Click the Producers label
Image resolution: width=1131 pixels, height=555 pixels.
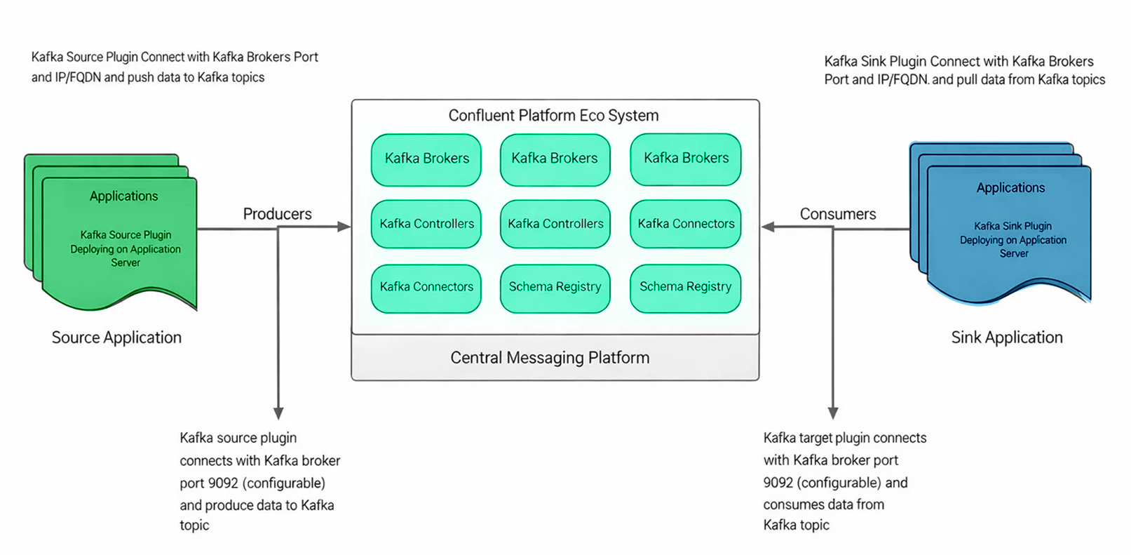tap(277, 214)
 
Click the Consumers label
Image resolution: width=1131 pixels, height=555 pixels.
tap(838, 214)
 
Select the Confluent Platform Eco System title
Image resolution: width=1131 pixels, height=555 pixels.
tap(553, 116)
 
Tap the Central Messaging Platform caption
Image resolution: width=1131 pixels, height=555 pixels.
tap(550, 358)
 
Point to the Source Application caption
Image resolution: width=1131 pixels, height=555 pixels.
tap(116, 337)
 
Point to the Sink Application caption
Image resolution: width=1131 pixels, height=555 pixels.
tap(1006, 337)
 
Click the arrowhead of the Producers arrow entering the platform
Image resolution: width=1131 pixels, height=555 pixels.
tap(344, 227)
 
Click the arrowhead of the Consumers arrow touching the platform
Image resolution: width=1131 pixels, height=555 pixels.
tap(768, 227)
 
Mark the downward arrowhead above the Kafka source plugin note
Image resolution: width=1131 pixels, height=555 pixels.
tap(278, 413)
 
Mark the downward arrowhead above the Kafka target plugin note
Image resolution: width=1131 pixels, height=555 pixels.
tap(833, 413)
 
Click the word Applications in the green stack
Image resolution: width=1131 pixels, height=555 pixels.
tap(123, 196)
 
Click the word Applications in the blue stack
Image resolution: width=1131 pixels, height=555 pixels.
tap(1010, 188)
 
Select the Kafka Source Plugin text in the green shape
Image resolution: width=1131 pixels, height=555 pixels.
tap(126, 235)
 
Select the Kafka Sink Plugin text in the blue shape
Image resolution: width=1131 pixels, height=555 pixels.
tap(1013, 226)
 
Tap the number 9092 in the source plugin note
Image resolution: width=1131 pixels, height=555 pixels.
tap(224, 483)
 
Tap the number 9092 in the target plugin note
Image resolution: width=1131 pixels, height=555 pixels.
tap(778, 483)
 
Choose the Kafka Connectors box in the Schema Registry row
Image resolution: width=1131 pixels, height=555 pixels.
tap(426, 287)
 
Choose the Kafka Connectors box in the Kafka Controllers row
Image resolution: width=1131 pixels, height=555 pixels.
tap(686, 224)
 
